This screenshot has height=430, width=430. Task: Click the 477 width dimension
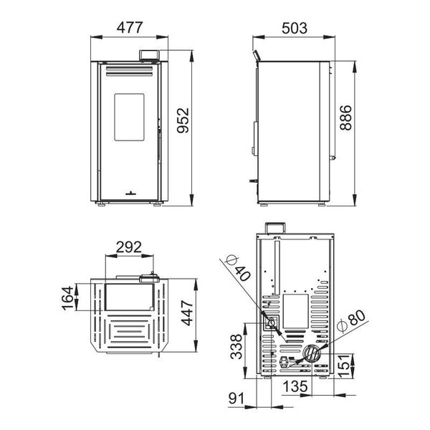(130, 27)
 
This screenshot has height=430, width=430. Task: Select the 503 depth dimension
(295, 28)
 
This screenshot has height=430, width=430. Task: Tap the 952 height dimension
(183, 120)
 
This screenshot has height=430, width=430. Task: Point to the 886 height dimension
(345, 117)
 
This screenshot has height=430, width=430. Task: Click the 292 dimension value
(129, 247)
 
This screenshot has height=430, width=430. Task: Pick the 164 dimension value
(68, 298)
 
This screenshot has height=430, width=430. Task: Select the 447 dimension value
(188, 313)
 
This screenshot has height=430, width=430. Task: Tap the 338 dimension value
(236, 346)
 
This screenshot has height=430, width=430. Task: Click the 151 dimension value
(345, 365)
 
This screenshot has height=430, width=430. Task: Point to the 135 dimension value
(295, 387)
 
